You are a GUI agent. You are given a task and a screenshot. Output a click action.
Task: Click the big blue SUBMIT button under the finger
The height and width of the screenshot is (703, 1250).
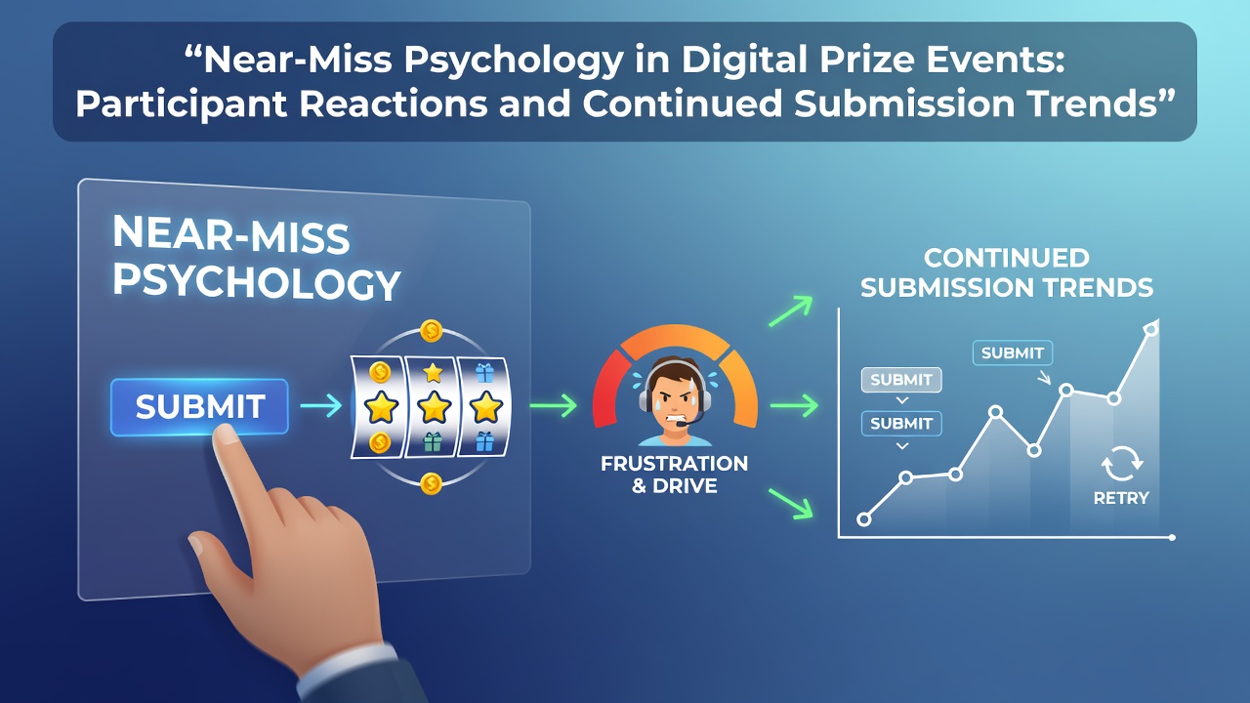[x=199, y=407]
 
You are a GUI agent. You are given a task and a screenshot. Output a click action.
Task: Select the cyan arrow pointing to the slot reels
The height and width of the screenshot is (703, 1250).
[x=321, y=405]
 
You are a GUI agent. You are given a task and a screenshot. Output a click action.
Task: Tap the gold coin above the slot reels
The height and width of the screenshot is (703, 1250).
[x=432, y=331]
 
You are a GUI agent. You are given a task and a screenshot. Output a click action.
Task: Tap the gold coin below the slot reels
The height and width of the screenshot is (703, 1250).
[x=432, y=483]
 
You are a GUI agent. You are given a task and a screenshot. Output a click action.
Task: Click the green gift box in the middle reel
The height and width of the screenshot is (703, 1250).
[x=433, y=442]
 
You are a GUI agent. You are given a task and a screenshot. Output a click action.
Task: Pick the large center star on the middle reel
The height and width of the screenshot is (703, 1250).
[x=434, y=406]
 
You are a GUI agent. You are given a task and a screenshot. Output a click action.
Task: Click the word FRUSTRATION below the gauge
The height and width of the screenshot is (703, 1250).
[x=674, y=464]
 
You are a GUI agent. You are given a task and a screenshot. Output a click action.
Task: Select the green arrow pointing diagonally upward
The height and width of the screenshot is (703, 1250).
[x=791, y=311]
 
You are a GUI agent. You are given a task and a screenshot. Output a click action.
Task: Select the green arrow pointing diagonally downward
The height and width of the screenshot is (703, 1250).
[x=791, y=504]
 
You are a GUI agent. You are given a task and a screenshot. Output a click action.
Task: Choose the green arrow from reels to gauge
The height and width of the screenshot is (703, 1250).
[x=553, y=405]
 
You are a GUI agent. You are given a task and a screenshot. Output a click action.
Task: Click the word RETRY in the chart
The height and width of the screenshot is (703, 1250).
[x=1121, y=498]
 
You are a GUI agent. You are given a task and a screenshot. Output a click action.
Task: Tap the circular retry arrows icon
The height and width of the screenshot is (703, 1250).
[x=1122, y=463]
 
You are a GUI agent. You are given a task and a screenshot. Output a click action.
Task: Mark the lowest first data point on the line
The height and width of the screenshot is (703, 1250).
[x=864, y=519]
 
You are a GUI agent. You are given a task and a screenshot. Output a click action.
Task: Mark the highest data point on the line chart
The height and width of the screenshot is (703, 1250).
[x=1151, y=329]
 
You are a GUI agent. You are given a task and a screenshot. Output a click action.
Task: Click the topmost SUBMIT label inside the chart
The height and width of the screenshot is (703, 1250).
[x=1013, y=353]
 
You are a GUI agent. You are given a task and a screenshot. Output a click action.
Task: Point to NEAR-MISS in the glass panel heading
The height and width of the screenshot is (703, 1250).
[x=231, y=234]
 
